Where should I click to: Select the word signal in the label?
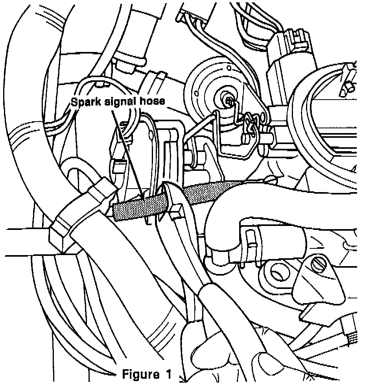(x=118, y=102)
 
